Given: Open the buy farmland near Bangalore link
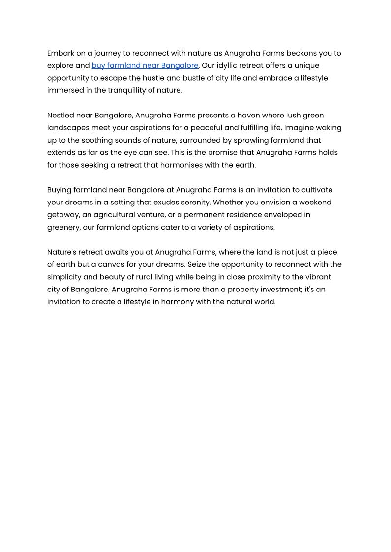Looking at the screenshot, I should tap(145, 65).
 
